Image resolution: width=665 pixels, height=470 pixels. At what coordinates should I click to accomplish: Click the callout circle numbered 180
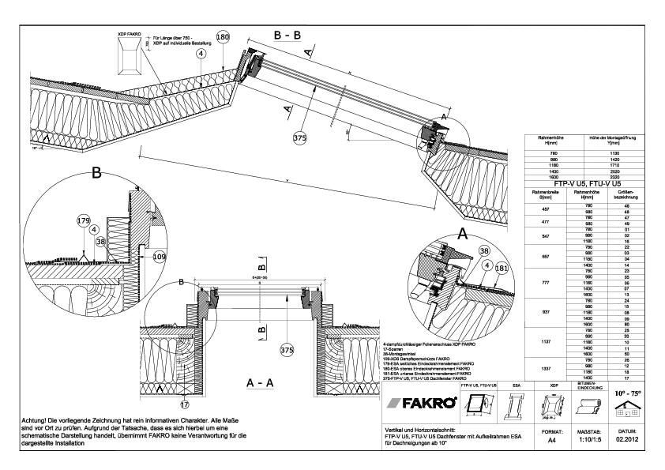[x=223, y=37]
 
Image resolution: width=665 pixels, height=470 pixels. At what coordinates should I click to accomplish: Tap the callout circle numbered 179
[x=85, y=220]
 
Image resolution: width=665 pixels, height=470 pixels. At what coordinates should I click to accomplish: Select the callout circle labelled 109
[x=159, y=257]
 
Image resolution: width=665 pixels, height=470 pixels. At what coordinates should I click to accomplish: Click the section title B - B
[x=287, y=36]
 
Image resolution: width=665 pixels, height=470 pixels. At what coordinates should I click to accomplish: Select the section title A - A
[x=261, y=382]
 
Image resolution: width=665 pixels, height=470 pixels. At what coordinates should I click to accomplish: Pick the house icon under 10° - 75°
[x=629, y=409]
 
